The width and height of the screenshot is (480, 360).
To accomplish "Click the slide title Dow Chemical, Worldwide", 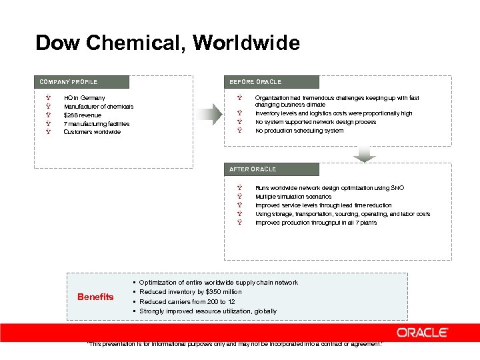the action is (167, 43).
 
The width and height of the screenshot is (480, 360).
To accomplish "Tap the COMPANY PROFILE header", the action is (69, 82).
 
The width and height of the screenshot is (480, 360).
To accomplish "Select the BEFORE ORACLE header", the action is (255, 82).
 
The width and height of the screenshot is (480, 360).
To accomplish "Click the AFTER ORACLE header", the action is (253, 169).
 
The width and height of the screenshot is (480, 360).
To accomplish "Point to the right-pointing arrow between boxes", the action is (213, 114).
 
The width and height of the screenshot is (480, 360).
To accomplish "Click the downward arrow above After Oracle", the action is (364, 155).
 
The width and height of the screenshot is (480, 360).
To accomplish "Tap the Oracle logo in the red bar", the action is (422, 332).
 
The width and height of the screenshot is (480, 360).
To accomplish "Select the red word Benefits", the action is (95, 297).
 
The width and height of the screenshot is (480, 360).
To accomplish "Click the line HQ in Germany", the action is (84, 98).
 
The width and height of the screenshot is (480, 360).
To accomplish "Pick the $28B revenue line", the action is (83, 115).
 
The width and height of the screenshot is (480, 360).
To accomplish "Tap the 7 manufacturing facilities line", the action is (96, 124).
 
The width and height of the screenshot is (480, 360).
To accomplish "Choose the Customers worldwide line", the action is (92, 132).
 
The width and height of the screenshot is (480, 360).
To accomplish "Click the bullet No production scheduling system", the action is (299, 131).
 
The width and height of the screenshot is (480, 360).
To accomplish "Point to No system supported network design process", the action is (315, 122).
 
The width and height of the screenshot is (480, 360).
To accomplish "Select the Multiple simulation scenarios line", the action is (293, 197).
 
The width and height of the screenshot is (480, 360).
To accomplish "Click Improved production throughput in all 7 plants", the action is (315, 223).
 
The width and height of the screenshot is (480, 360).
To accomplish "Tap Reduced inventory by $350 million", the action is (190, 292).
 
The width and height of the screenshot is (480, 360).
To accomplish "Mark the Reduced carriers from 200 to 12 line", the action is (187, 301).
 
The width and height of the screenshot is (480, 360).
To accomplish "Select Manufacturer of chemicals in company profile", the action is (98, 107).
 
